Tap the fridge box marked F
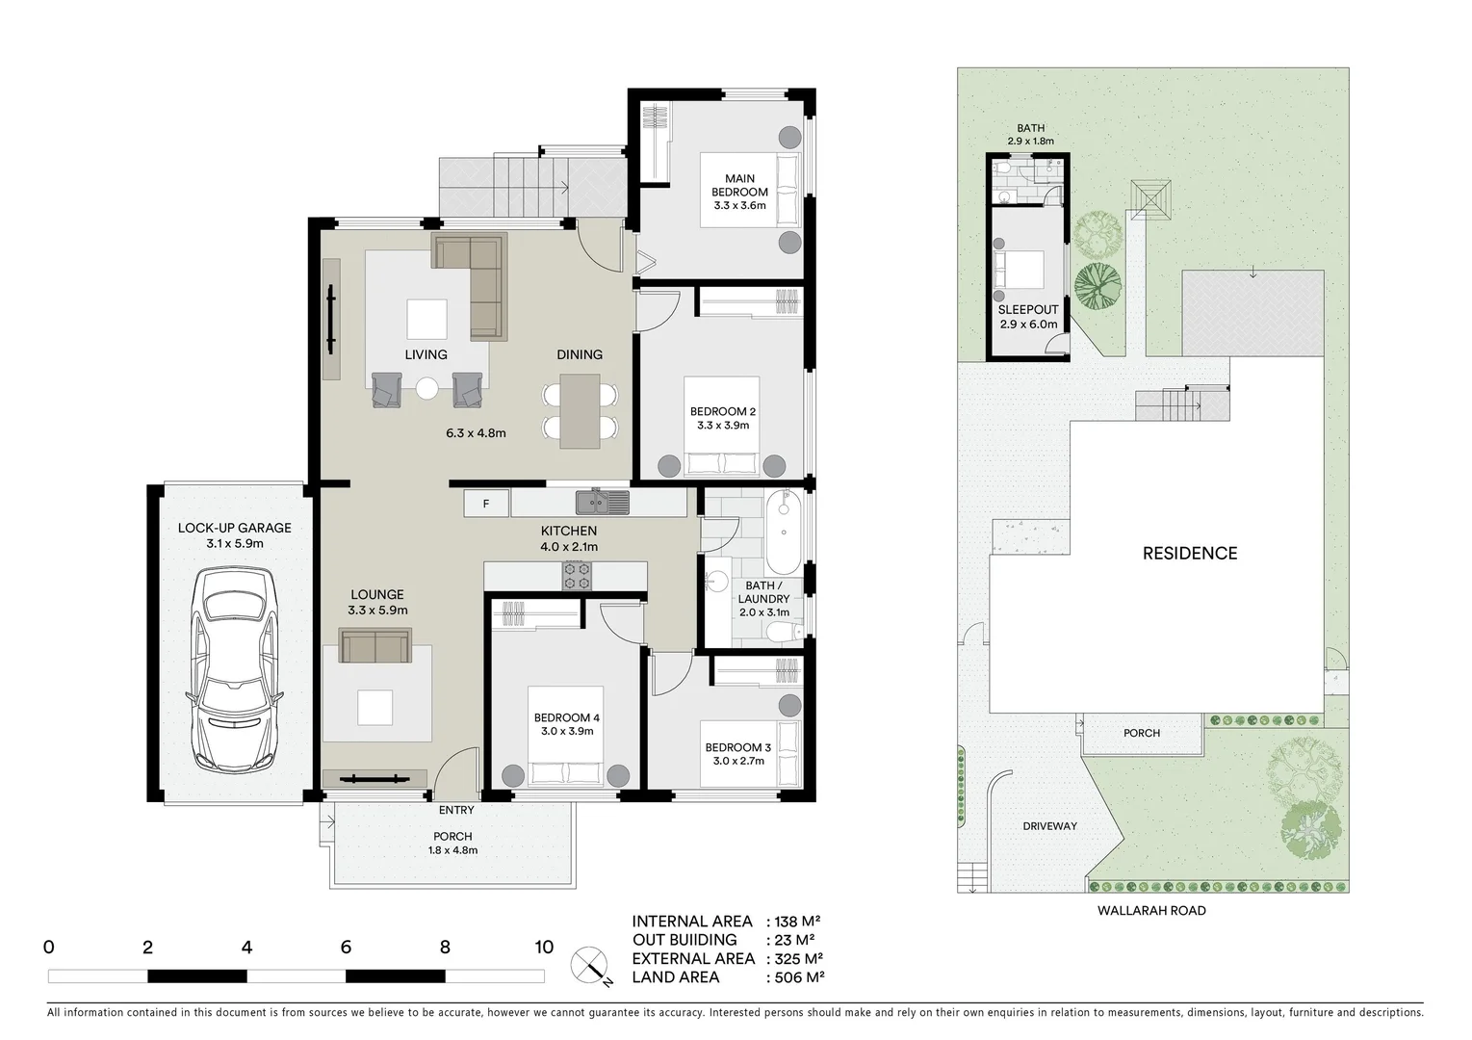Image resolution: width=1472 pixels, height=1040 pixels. (x=486, y=504)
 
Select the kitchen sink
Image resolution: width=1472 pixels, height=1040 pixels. (x=602, y=502)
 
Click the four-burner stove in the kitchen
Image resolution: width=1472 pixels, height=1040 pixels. (x=578, y=576)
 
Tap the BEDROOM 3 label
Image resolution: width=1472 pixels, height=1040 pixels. (x=737, y=747)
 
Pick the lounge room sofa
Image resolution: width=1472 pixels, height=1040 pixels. (x=375, y=646)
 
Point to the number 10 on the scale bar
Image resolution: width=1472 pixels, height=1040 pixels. (x=544, y=947)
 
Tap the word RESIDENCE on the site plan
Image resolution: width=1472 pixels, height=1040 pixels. (x=1190, y=553)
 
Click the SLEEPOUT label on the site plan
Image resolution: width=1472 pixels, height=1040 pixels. (x=1028, y=310)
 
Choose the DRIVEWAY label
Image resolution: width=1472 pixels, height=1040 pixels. (x=1049, y=826)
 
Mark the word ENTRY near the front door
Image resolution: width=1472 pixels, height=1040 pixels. (x=456, y=810)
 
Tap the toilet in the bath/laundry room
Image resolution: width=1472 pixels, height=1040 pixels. (x=782, y=631)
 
